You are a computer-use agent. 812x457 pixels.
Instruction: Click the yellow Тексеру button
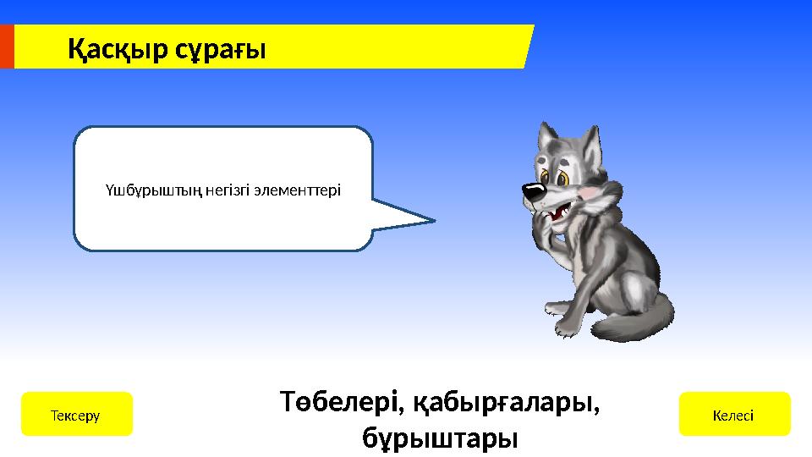tap(76, 414)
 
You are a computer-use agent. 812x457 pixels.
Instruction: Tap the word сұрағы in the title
tap(219, 51)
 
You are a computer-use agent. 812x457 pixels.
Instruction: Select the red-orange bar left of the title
tap(7, 46)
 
